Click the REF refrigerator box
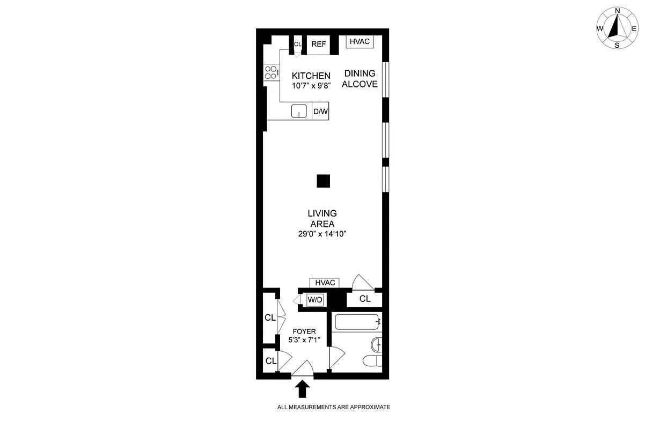pyautogui.click(x=318, y=44)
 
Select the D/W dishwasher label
pyautogui.click(x=320, y=112)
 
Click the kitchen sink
pyautogui.click(x=299, y=111)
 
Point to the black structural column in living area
pyautogui.click(x=322, y=181)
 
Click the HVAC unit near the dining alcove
pyautogui.click(x=360, y=42)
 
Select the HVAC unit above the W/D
pyautogui.click(x=325, y=283)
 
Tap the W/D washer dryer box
pyautogui.click(x=315, y=300)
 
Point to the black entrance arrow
pyautogui.click(x=302, y=388)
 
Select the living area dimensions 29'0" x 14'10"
pyautogui.click(x=322, y=234)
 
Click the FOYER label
pyautogui.click(x=304, y=331)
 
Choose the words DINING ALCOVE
pyautogui.click(x=360, y=79)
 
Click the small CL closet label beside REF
pyautogui.click(x=298, y=44)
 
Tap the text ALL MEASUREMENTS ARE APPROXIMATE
pyautogui.click(x=333, y=407)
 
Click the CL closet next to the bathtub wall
pyautogui.click(x=365, y=299)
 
